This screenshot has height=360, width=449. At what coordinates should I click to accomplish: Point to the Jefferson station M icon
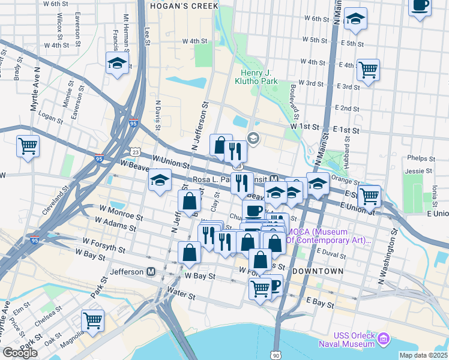[151, 272]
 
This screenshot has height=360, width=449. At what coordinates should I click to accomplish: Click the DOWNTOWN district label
[318, 272]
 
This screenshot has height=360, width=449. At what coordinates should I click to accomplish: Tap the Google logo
[20, 353]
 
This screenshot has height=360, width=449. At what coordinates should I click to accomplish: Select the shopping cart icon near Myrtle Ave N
[28, 145]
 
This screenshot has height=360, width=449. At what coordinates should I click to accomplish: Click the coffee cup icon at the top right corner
[420, 6]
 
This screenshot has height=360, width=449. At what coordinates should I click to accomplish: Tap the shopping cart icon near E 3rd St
[368, 70]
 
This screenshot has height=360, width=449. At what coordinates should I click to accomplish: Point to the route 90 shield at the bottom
[276, 355]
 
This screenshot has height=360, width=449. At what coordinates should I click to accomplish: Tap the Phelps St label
[420, 160]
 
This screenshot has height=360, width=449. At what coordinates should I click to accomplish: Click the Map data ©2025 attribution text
[423, 355]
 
